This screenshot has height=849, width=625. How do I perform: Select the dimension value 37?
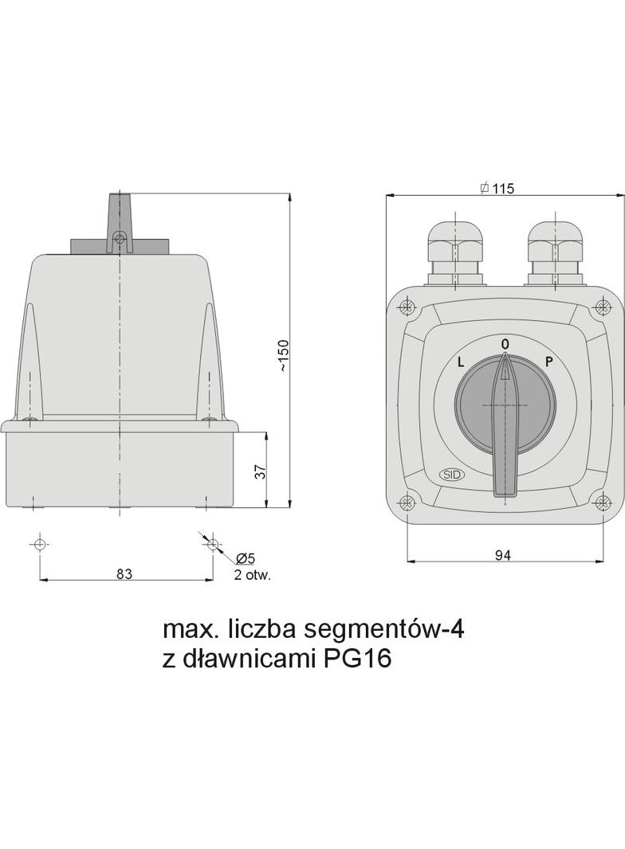(259, 471)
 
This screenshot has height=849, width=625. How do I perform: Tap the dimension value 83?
(124, 573)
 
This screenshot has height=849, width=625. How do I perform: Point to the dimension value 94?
(503, 555)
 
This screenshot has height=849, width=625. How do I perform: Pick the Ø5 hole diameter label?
(245, 559)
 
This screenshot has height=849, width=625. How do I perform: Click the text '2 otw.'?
(252, 576)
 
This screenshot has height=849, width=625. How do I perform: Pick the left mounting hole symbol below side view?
(39, 544)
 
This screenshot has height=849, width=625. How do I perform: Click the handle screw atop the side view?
(120, 237)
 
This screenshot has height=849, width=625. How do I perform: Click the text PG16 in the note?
(358, 660)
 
